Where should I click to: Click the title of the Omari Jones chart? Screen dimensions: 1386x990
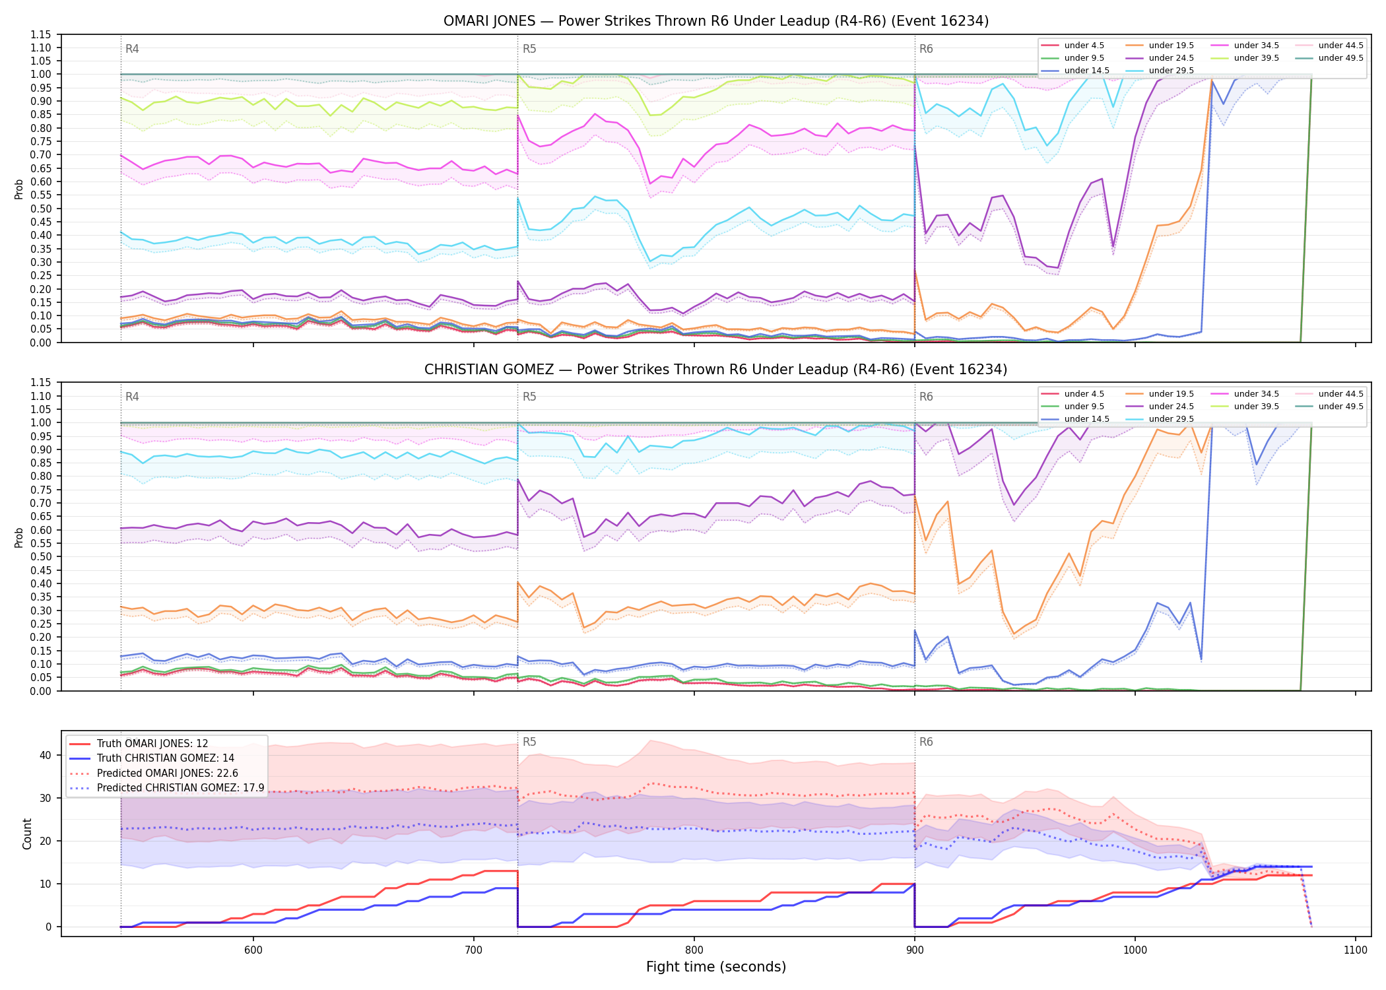point(716,21)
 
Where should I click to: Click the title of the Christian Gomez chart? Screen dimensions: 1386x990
point(716,370)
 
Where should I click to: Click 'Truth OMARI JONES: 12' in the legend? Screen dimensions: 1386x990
point(152,744)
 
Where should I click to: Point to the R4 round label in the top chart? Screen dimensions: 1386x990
point(132,49)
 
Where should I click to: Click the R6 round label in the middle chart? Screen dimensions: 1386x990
point(926,397)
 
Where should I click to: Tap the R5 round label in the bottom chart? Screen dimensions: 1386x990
point(529,742)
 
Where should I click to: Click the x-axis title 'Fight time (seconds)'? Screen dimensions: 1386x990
point(716,967)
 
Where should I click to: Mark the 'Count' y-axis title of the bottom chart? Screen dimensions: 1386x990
point(27,834)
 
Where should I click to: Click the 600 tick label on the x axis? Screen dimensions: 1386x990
point(253,950)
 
